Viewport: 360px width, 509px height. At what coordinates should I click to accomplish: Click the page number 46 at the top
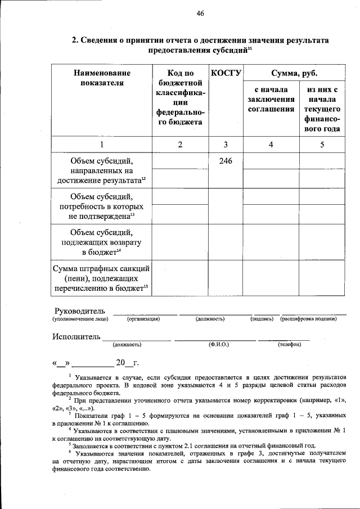click(x=200, y=14)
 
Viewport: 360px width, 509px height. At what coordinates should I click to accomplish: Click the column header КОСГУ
click(x=226, y=73)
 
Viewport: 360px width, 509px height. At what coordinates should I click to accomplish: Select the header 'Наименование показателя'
click(x=102, y=78)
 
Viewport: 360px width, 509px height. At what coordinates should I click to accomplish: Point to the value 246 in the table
click(x=226, y=161)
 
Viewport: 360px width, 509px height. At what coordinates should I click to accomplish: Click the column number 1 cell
click(x=102, y=145)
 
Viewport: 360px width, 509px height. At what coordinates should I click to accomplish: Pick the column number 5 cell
click(x=322, y=145)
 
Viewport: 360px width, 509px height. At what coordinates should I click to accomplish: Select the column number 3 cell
click(x=226, y=145)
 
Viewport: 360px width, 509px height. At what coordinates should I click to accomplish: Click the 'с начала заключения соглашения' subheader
click(x=271, y=99)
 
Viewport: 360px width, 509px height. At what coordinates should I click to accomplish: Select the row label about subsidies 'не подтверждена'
click(x=102, y=206)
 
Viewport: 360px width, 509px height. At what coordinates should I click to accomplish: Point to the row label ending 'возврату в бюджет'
click(x=102, y=242)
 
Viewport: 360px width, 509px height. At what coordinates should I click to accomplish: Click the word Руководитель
click(x=79, y=311)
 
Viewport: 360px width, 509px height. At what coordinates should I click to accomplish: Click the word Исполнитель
click(x=77, y=336)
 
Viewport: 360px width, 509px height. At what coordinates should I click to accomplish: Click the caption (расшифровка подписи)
click(x=309, y=319)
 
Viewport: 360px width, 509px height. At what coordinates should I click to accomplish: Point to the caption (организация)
click(x=144, y=319)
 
